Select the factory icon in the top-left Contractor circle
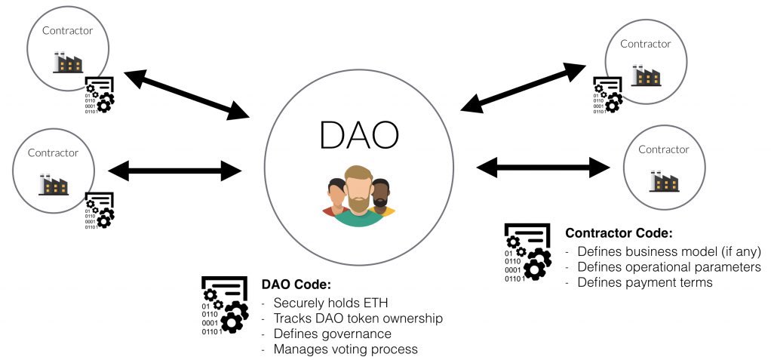[x=68, y=63]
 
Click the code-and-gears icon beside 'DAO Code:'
[x=224, y=306]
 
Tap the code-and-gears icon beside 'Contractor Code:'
[x=527, y=254]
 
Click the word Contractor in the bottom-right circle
[x=664, y=149]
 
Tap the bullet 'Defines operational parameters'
[x=668, y=267]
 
